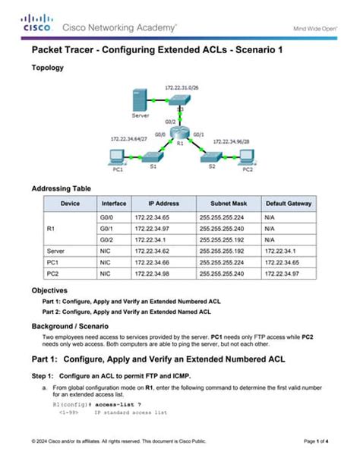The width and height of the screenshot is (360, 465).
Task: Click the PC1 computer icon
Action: pos(118,157)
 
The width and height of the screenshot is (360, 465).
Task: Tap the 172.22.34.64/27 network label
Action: pos(129,139)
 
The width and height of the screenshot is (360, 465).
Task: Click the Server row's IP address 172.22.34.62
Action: pos(150,250)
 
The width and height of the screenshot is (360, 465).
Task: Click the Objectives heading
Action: pos(49,290)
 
